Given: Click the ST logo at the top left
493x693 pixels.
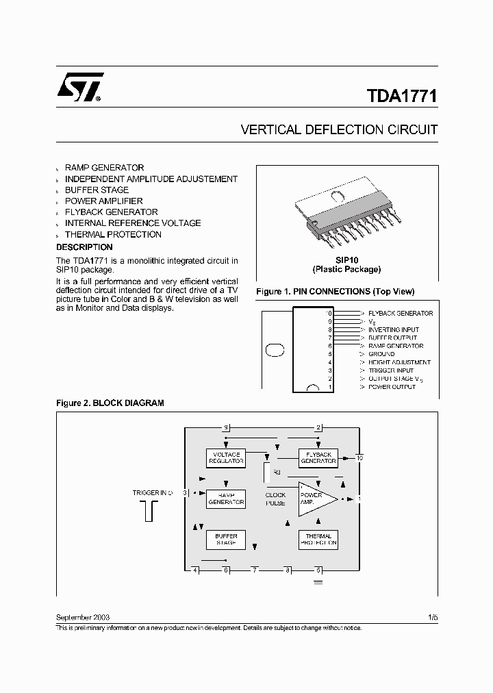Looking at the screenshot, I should pyautogui.click(x=79, y=87).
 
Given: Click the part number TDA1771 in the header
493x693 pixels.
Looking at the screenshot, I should pyautogui.click(x=396, y=97).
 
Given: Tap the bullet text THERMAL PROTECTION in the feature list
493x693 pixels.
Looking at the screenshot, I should pyautogui.click(x=113, y=234).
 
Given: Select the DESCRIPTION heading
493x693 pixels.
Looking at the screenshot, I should pyautogui.click(x=84, y=247).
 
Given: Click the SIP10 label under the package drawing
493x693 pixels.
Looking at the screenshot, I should pyautogui.click(x=346, y=260).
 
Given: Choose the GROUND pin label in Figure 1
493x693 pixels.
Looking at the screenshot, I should pyautogui.click(x=381, y=354).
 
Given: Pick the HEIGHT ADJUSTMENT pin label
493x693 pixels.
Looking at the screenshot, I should pyautogui.click(x=399, y=362).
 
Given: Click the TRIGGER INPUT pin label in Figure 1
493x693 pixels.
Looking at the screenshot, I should pyautogui.click(x=392, y=370).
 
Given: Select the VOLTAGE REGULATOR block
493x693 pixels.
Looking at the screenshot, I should pyautogui.click(x=226, y=457).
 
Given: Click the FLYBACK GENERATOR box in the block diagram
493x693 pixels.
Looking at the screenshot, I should pyautogui.click(x=318, y=457).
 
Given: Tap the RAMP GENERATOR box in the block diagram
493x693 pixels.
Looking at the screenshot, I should pyautogui.click(x=226, y=499).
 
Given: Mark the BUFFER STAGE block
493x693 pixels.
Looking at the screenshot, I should pyautogui.click(x=226, y=540).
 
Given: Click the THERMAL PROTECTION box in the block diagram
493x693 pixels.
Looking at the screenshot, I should pyautogui.click(x=318, y=540).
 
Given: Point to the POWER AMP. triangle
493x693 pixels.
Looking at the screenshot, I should pyautogui.click(x=314, y=499).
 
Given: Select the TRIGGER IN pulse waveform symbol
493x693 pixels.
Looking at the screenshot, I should pyautogui.click(x=150, y=510).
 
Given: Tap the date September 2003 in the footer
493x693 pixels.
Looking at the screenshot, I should pyautogui.click(x=83, y=617).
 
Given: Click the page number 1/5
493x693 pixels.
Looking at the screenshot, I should pyautogui.click(x=432, y=617).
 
